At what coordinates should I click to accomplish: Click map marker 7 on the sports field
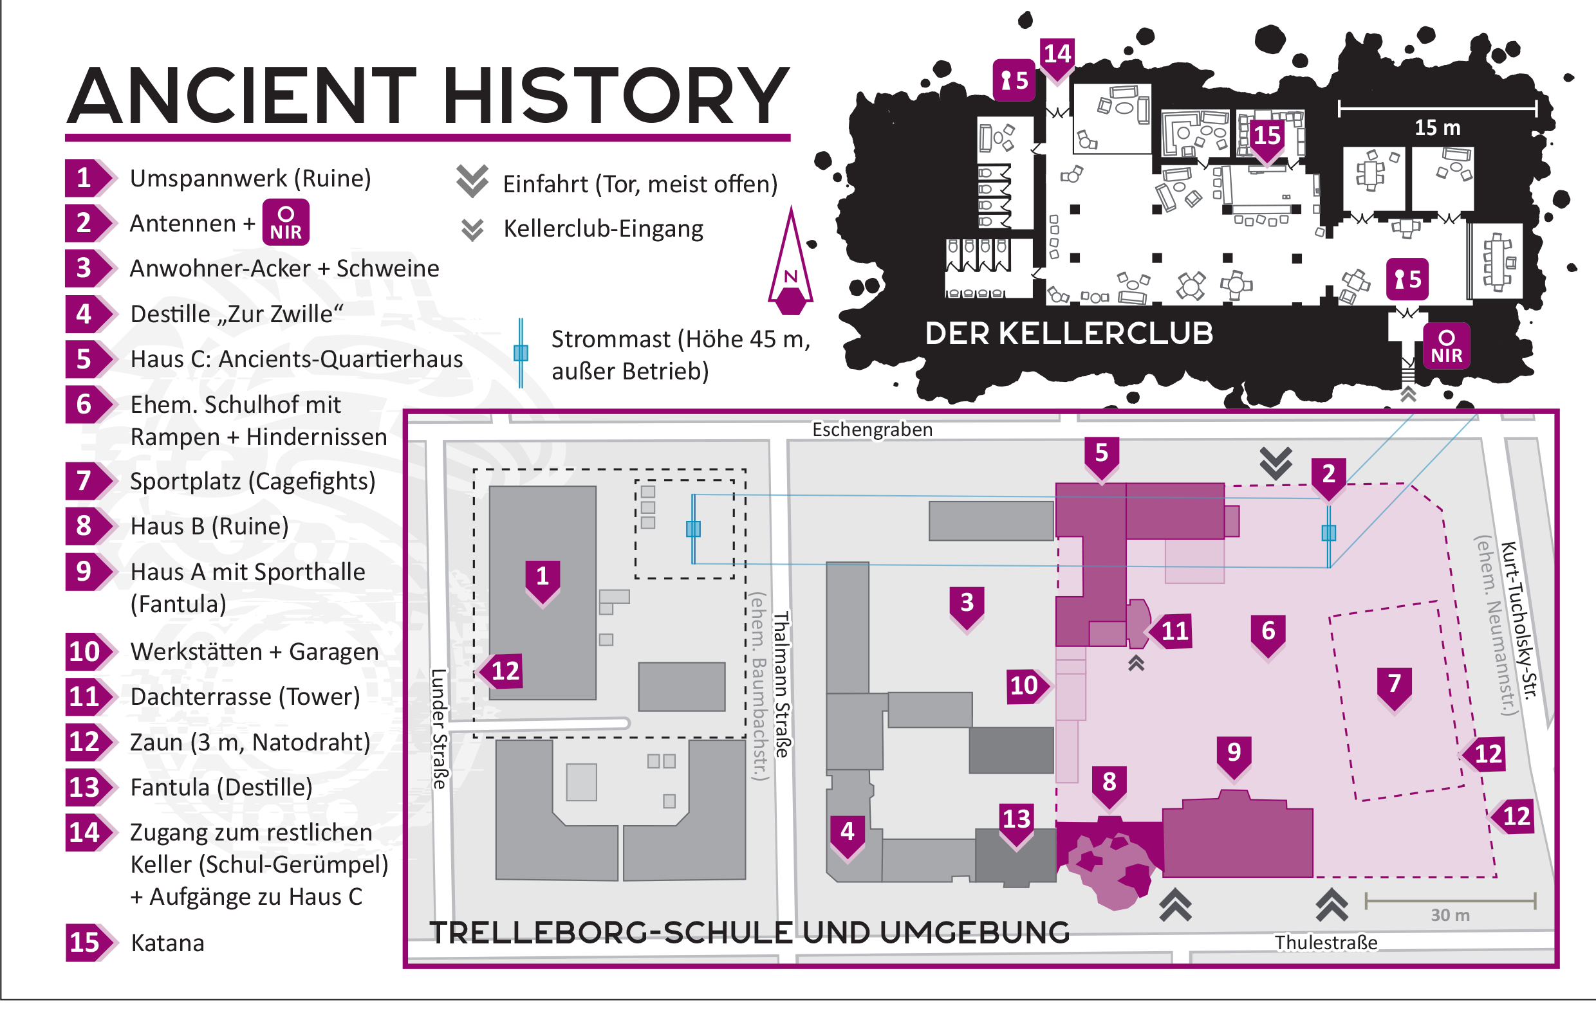pos(1394,685)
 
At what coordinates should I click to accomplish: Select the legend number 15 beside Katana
pos(85,942)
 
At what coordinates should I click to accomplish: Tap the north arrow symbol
pos(791,265)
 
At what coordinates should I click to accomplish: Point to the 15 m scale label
pos(1437,128)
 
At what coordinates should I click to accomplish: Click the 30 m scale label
pos(1450,915)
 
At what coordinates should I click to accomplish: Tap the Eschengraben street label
pos(872,430)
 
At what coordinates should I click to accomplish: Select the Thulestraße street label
pos(1326,943)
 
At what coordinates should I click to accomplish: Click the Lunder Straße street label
pos(439,729)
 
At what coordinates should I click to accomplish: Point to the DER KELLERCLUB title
pos(1068,334)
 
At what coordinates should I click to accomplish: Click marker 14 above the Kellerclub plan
pos(1057,56)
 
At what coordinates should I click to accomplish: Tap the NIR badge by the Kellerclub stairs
pos(1446,347)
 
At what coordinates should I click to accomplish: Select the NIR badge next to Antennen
pos(286,223)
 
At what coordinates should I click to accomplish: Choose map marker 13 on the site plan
pos(1016,821)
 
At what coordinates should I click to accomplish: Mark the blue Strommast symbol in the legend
pos(521,352)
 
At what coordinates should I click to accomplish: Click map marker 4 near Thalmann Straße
pos(847,833)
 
